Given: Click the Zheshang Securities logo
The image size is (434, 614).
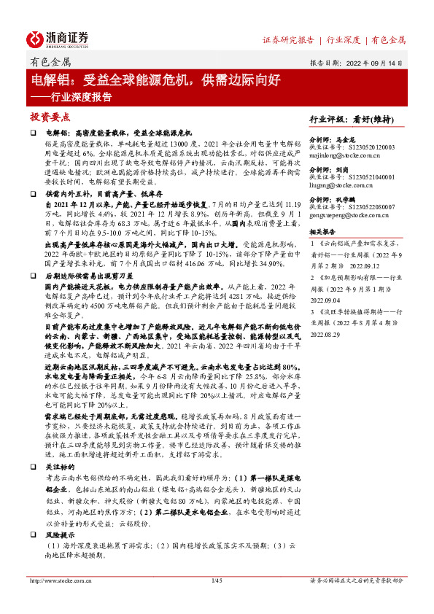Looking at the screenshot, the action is [58, 38].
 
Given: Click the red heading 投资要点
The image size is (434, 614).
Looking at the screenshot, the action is [50, 116].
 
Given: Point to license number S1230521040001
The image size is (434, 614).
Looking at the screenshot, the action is [369, 177].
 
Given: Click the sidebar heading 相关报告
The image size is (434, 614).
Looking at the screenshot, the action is [323, 230].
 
